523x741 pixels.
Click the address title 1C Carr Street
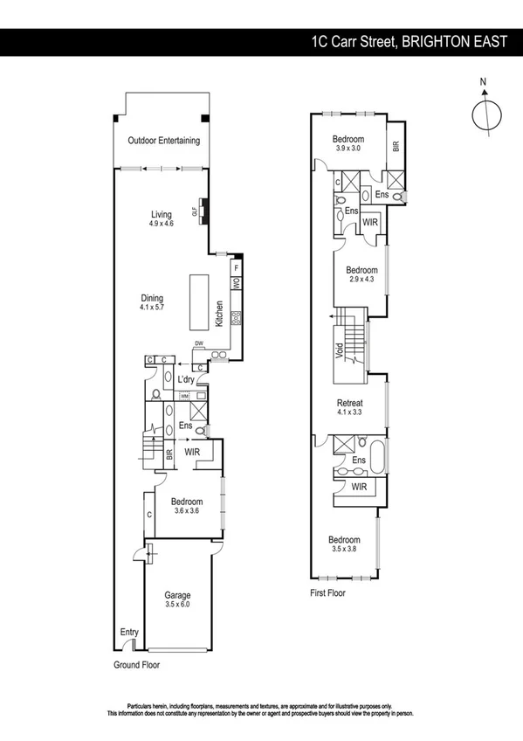(x=409, y=41)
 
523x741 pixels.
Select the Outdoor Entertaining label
(x=163, y=141)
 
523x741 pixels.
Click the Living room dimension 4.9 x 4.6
(x=161, y=225)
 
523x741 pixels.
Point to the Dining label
(x=152, y=296)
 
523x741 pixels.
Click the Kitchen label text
(x=220, y=315)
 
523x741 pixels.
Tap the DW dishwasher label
(x=199, y=344)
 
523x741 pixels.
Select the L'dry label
(x=186, y=380)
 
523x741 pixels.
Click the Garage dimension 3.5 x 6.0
(x=177, y=604)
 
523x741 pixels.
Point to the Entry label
(x=129, y=632)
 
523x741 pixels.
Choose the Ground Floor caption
(x=136, y=664)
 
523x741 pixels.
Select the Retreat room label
(x=349, y=403)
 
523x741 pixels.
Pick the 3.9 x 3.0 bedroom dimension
(x=348, y=149)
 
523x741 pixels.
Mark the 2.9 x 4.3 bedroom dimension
(x=361, y=280)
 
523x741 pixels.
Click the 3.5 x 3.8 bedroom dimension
(x=344, y=550)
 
